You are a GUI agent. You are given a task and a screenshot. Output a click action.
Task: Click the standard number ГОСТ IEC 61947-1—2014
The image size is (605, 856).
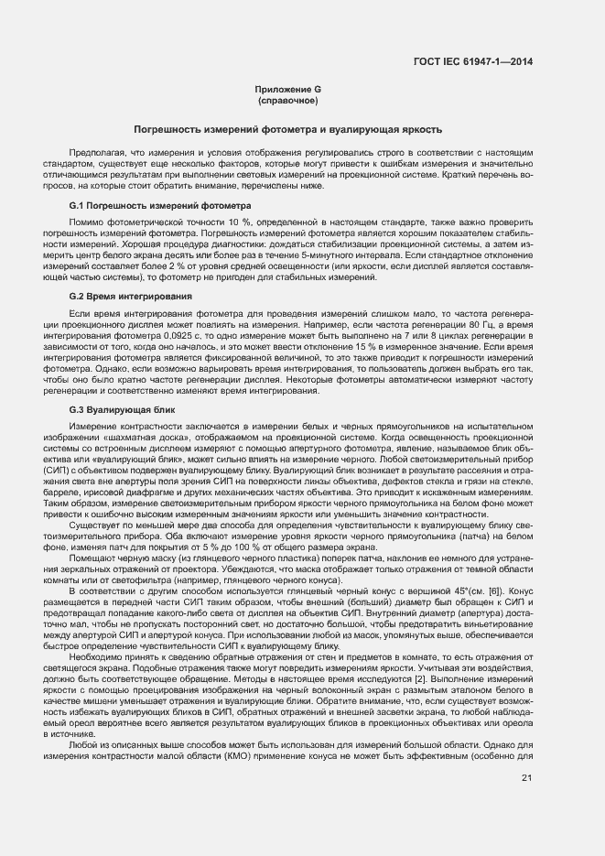[479, 61]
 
